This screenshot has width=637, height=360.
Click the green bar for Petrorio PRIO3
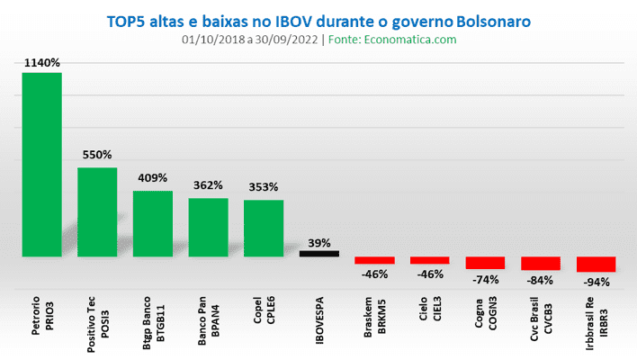(x=41, y=165)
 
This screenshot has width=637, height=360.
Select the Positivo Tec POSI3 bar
(x=97, y=211)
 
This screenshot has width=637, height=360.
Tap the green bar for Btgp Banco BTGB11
(x=153, y=223)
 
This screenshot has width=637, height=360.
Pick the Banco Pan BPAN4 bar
(x=208, y=227)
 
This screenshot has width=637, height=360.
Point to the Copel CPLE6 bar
(x=264, y=228)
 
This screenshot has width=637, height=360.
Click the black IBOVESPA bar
(x=319, y=254)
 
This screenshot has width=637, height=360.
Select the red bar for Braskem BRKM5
(x=374, y=260)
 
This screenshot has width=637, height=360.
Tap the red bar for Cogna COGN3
(x=486, y=263)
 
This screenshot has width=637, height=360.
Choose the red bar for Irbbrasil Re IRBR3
(x=597, y=265)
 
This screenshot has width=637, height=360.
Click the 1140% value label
(x=42, y=63)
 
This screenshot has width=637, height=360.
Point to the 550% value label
(x=97, y=155)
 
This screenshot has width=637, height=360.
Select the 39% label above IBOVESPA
(x=319, y=243)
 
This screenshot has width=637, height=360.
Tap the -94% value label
(x=597, y=282)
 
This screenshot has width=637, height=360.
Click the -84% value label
(x=541, y=280)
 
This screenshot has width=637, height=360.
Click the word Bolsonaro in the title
(x=486, y=19)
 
